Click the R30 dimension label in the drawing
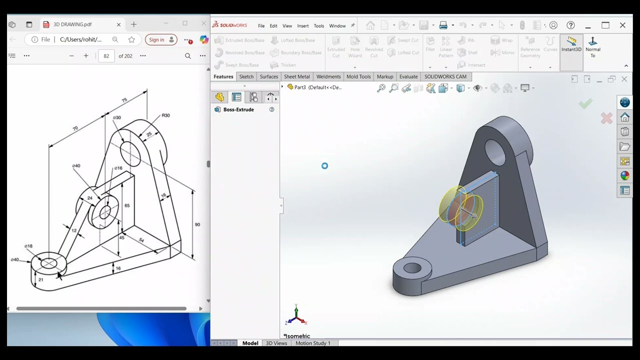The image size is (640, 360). pos(165,115)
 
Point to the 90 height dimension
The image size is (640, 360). pos(197,224)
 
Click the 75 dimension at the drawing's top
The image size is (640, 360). pos(124,100)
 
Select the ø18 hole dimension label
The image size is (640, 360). pos(28,246)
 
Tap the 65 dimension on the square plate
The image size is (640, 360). pos(127,205)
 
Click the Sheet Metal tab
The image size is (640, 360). pos(296,76)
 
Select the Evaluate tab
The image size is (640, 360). pos(408,76)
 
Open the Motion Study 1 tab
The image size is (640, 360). pos(312,343)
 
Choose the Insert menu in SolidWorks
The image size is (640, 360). pos(302,26)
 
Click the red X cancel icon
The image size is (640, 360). pos(606,118)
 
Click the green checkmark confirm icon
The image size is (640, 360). pos(585,103)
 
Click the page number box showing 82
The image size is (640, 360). pos(106,56)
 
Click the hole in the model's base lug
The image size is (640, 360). pos(412,268)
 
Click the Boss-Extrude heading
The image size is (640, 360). pos(238,109)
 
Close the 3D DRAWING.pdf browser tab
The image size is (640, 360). pos(118,24)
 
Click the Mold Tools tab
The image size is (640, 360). pos(358,76)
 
